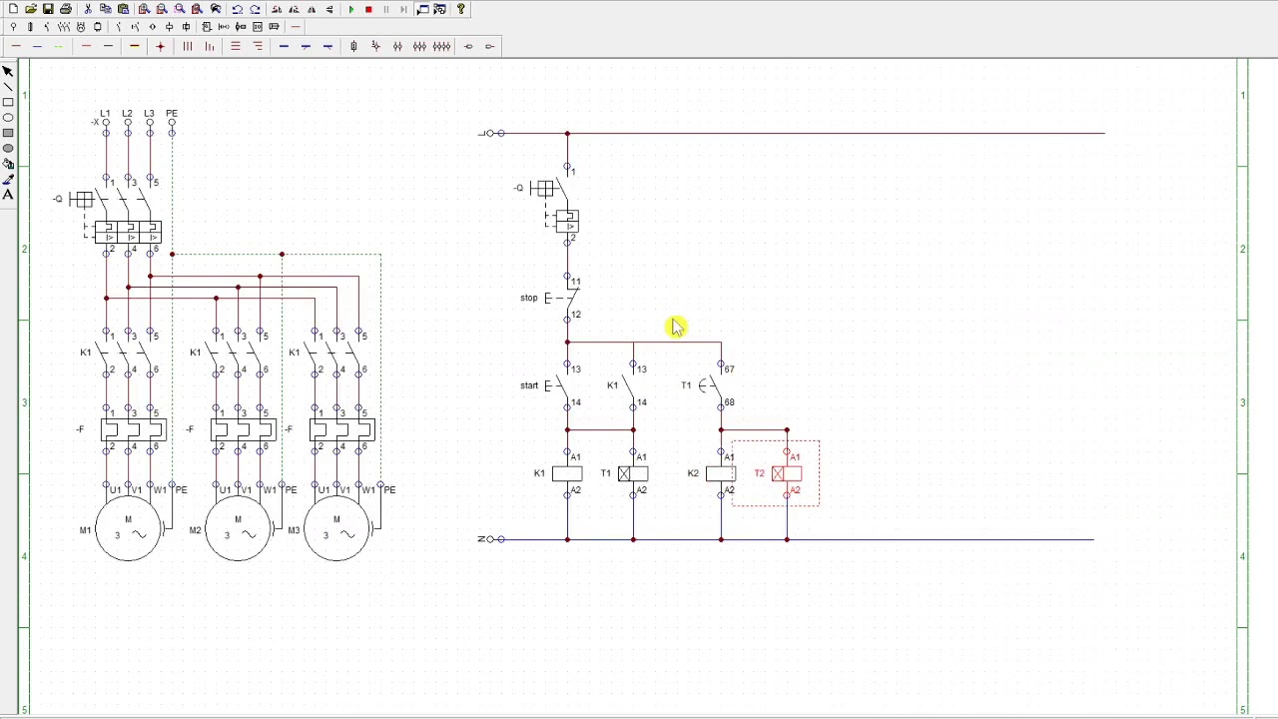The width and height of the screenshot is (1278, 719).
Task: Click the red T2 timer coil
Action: click(786, 473)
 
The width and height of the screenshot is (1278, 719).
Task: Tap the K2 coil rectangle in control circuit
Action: click(721, 473)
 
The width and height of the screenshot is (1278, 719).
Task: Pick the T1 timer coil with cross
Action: click(632, 473)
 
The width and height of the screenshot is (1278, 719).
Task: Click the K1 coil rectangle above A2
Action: click(567, 473)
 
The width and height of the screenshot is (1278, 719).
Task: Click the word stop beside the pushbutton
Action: click(529, 298)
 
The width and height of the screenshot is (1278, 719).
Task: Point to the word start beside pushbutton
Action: click(529, 385)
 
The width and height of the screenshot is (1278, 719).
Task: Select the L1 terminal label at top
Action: click(105, 114)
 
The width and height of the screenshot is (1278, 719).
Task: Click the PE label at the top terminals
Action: click(172, 114)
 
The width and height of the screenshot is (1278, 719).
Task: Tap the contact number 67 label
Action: click(729, 369)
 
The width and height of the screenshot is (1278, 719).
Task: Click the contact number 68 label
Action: click(729, 402)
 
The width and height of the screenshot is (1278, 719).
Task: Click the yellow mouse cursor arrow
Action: click(677, 327)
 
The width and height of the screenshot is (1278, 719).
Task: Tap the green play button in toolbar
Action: click(351, 9)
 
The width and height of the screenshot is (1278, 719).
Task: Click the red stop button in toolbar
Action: click(368, 9)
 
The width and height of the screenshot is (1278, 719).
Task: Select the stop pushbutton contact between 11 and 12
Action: click(566, 298)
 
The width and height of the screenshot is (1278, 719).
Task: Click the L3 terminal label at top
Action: click(149, 114)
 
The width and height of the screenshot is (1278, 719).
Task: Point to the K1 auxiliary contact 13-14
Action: click(632, 385)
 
